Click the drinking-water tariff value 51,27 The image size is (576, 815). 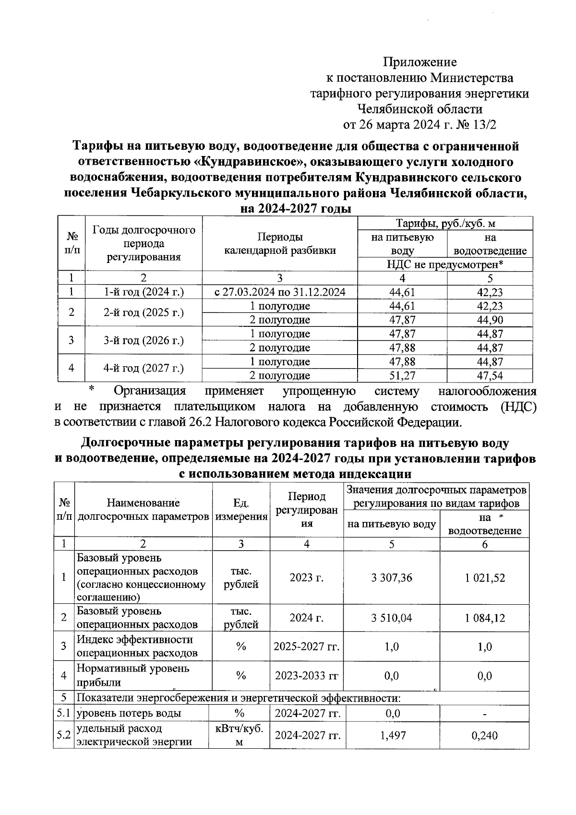click(402, 375)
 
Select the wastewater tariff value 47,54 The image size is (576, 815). click(490, 375)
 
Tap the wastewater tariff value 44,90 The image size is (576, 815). click(490, 320)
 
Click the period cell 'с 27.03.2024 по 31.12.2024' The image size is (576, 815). click(280, 292)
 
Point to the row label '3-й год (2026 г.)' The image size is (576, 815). click(144, 340)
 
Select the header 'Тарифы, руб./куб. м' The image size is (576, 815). click(445, 224)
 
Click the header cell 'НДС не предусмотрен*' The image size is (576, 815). click(445, 264)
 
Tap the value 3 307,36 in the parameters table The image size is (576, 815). click(391, 577)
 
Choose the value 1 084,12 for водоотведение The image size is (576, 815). click(485, 618)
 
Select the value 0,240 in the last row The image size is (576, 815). click(485, 735)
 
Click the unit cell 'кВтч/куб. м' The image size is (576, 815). click(239, 735)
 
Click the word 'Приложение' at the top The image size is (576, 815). click(420, 62)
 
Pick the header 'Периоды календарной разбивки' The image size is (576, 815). click(280, 243)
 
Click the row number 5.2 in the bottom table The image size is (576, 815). click(63, 735)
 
